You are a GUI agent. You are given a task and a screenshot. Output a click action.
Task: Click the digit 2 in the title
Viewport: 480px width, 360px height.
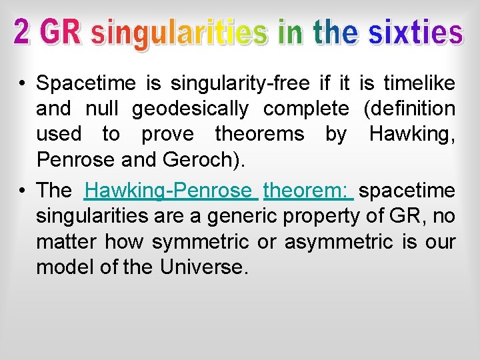(x=22, y=33)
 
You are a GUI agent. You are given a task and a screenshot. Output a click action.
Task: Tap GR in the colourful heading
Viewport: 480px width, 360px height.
(x=61, y=33)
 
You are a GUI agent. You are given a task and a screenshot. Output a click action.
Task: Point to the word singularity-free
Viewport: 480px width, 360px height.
(x=240, y=84)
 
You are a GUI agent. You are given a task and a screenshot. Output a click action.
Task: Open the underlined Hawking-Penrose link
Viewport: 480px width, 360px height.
(x=171, y=191)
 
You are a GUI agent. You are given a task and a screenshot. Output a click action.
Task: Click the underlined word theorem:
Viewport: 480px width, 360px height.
(x=308, y=191)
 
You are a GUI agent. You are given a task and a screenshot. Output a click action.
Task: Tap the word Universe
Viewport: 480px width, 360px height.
(x=203, y=267)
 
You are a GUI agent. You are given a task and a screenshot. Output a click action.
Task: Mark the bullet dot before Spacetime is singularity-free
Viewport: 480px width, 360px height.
(x=22, y=84)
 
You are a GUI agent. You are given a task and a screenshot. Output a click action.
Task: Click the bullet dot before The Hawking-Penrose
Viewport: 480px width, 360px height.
(x=22, y=191)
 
